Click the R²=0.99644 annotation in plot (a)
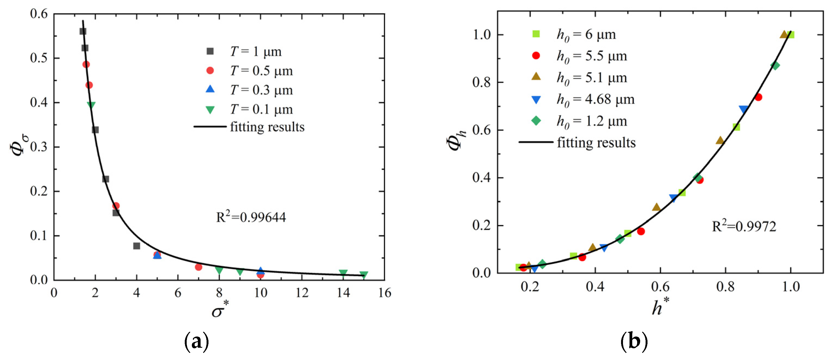click(x=251, y=217)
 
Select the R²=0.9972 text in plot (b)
click(x=744, y=226)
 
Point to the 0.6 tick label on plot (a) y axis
click(x=39, y=14)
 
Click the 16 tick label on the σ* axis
click(x=385, y=293)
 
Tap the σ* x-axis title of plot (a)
click(x=220, y=310)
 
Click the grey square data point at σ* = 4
click(x=137, y=246)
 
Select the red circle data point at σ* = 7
click(x=199, y=267)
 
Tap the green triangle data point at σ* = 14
click(x=343, y=273)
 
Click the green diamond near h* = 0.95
click(x=775, y=66)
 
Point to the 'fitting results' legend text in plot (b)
click(x=596, y=143)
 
